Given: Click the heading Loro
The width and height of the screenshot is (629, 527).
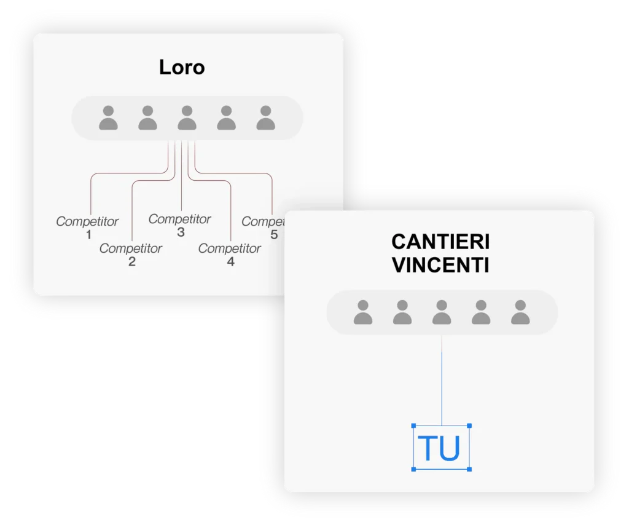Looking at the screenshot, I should [182, 67].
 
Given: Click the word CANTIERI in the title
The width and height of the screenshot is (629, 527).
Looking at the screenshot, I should [440, 242].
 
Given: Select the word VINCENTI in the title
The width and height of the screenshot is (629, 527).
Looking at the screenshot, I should [440, 265].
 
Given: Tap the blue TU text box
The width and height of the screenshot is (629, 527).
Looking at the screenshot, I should [442, 448].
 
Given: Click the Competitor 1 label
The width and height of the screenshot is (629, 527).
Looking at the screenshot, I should [87, 227].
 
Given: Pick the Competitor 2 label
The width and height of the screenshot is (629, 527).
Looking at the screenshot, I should [131, 254].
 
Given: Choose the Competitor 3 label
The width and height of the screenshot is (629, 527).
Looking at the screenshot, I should [180, 224].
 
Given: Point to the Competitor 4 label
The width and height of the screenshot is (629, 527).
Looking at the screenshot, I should [230, 254].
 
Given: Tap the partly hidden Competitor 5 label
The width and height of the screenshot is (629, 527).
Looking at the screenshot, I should [262, 227].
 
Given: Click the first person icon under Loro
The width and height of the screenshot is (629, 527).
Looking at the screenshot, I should [108, 117].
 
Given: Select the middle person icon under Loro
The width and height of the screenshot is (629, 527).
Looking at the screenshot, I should [187, 117].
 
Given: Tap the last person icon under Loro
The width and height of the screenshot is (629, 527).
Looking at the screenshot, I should [265, 117].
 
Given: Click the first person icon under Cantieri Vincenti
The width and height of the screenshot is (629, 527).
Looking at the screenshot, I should [363, 312].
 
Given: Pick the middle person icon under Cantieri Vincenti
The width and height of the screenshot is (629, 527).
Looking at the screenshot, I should [442, 312].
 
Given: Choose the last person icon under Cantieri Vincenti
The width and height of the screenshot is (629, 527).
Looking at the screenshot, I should [520, 312].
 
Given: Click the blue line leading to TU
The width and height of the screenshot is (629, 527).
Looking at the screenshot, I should [442, 381].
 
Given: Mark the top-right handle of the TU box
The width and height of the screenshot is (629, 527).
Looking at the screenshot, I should [469, 426].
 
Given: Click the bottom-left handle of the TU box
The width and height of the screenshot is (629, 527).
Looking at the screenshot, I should [414, 469].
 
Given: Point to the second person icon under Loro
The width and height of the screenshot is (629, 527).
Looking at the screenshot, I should [147, 117].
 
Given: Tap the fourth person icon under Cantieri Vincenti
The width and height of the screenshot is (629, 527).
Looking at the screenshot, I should [481, 312].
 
